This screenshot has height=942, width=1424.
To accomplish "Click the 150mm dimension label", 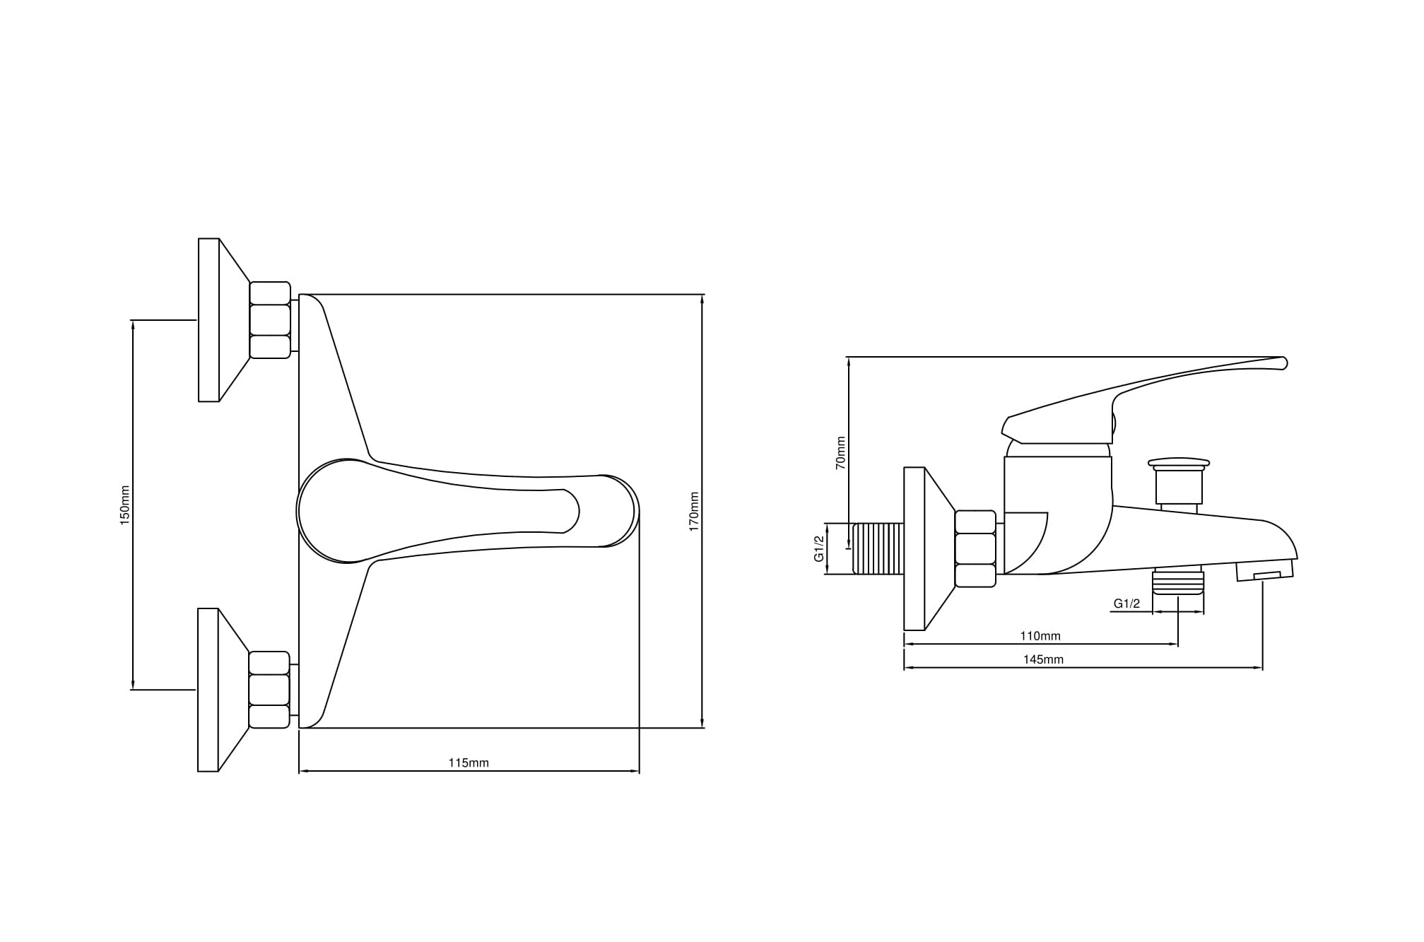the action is [125, 505].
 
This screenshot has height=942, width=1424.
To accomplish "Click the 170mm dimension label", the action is [694, 512].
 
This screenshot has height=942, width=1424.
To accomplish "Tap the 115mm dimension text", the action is [469, 763].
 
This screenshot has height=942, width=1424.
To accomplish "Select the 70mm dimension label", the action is [840, 452].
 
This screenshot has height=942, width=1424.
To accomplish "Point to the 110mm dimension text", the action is [1040, 636].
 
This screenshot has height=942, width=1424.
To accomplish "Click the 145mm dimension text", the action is [1044, 659].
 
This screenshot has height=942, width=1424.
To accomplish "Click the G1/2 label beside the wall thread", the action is [820, 548].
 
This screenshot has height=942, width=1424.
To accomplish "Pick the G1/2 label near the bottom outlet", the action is [1126, 604].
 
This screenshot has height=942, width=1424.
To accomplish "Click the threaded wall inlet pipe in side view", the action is [879, 548].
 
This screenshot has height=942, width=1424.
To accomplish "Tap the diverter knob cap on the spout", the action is [1178, 464].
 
